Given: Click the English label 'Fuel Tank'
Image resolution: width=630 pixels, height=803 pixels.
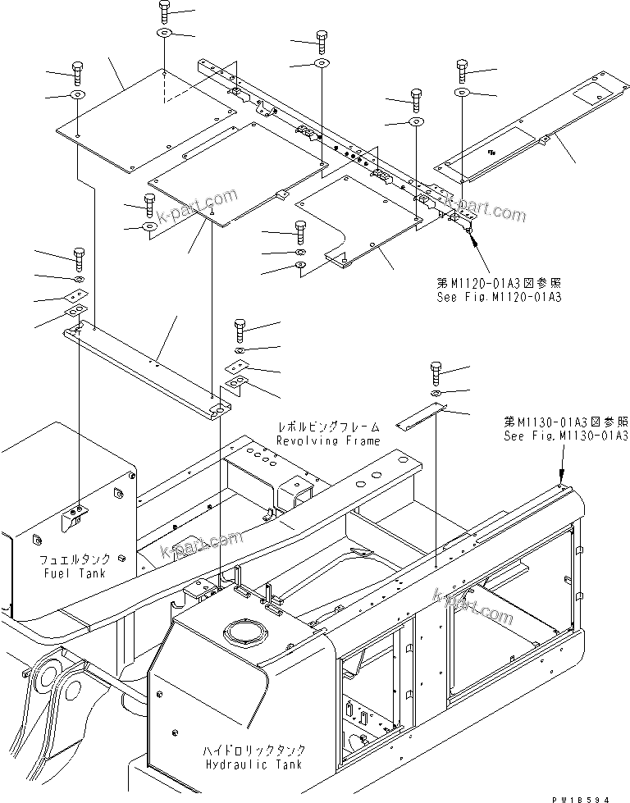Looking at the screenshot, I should pos(75,573).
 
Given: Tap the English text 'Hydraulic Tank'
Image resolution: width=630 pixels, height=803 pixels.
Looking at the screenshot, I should pos(254,764).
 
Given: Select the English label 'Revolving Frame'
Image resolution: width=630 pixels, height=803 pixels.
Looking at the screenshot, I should pos(327,440).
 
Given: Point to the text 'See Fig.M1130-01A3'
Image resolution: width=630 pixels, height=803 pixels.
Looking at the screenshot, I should pos(566,436).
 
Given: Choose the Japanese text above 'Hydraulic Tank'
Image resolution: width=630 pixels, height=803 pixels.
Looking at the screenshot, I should pos(254,750).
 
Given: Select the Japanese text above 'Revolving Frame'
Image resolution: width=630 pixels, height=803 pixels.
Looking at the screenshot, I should pos(328,427).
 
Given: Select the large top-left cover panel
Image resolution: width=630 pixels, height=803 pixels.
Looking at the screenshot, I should pos(139,119).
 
